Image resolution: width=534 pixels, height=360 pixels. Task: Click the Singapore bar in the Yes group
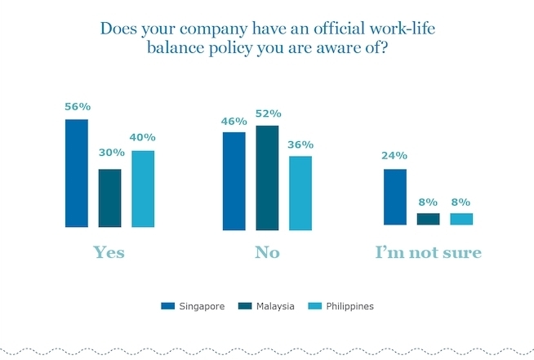click(x=77, y=173)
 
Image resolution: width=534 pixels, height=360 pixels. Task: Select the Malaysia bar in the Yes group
click(x=109, y=198)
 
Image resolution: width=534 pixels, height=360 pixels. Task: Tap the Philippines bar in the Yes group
click(x=142, y=189)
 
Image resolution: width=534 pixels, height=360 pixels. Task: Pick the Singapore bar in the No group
click(x=234, y=180)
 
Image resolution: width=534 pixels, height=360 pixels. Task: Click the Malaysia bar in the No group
click(x=266, y=177)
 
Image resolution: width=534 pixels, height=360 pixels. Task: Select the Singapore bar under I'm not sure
click(x=395, y=197)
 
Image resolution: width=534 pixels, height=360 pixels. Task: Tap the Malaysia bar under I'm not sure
click(x=428, y=219)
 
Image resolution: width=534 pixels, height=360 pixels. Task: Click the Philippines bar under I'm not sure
click(x=461, y=219)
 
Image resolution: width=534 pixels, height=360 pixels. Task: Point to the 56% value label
click(x=78, y=107)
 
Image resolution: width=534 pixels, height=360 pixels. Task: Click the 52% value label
click(x=267, y=113)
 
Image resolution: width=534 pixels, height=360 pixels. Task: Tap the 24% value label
click(x=395, y=156)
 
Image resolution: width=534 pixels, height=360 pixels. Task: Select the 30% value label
click(x=111, y=153)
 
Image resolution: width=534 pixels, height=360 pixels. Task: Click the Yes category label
click(x=109, y=252)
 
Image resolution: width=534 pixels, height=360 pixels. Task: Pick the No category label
click(x=267, y=252)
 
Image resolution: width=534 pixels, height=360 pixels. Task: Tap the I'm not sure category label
click(x=428, y=252)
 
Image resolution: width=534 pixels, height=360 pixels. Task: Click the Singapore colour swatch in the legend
click(x=168, y=306)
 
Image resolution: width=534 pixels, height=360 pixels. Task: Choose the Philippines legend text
click(x=349, y=306)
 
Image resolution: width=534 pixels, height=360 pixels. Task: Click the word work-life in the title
click(x=397, y=29)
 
